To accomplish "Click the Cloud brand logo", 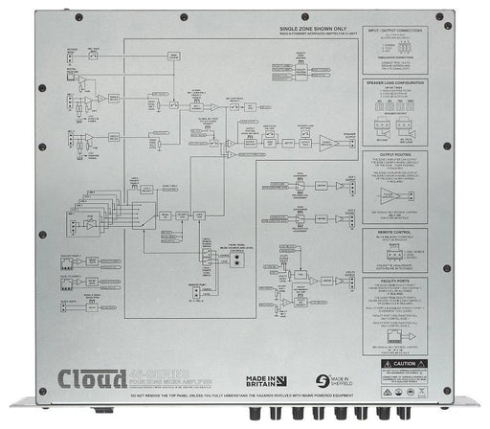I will pos(93,373).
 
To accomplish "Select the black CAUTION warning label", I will pos(418,365).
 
